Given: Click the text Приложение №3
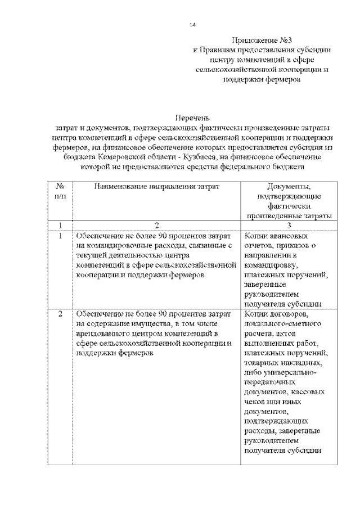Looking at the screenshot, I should tap(262, 40).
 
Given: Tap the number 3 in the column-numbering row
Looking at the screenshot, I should tap(288, 225).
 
